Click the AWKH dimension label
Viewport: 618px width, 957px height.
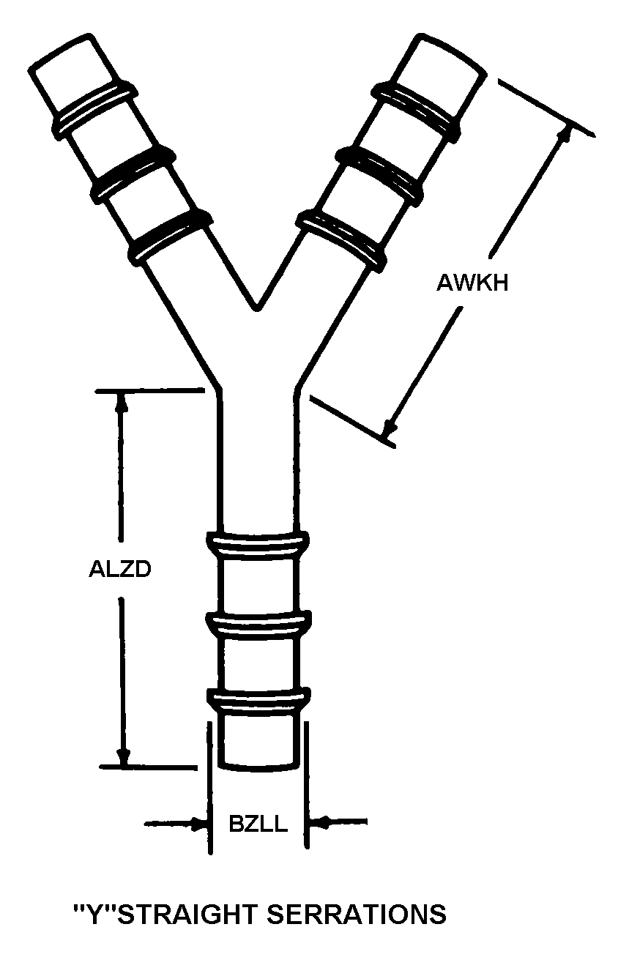(x=472, y=283)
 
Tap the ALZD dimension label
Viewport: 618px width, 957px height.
(x=119, y=569)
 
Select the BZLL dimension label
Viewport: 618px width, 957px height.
(x=258, y=824)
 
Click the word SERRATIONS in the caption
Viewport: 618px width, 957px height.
(x=356, y=915)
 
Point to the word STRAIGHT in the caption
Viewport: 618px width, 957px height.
(x=187, y=915)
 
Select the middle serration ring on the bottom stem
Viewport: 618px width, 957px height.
(x=257, y=625)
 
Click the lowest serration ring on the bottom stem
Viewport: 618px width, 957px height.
(x=257, y=699)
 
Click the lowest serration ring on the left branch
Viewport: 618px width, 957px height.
(x=170, y=234)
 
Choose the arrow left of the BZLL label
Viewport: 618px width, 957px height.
(x=196, y=824)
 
